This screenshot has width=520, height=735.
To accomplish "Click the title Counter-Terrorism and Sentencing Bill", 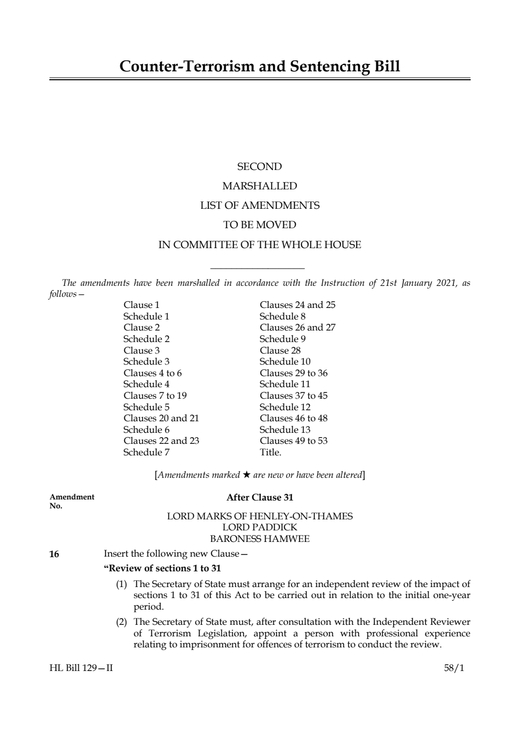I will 260,67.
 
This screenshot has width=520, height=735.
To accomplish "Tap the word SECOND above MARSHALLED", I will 260,167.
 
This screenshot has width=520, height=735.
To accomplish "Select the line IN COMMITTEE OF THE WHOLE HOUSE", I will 260,244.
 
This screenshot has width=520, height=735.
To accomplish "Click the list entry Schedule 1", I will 146,316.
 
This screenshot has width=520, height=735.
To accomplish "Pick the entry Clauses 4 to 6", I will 152,373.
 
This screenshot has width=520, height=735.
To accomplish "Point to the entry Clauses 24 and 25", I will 297,305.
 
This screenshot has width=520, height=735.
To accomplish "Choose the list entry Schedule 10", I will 284,361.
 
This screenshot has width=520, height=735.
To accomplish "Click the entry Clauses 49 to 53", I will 293,441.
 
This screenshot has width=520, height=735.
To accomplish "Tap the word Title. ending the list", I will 270,452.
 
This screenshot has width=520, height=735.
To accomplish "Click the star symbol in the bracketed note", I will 246,475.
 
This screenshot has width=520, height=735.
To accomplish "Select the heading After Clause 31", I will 260,497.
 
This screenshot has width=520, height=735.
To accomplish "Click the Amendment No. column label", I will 72,501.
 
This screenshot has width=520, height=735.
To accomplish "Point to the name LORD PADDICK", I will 260,527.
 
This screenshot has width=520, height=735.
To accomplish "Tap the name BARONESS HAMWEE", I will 260,539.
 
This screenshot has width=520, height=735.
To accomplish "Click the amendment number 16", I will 54,554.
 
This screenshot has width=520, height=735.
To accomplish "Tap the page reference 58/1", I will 454,668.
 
